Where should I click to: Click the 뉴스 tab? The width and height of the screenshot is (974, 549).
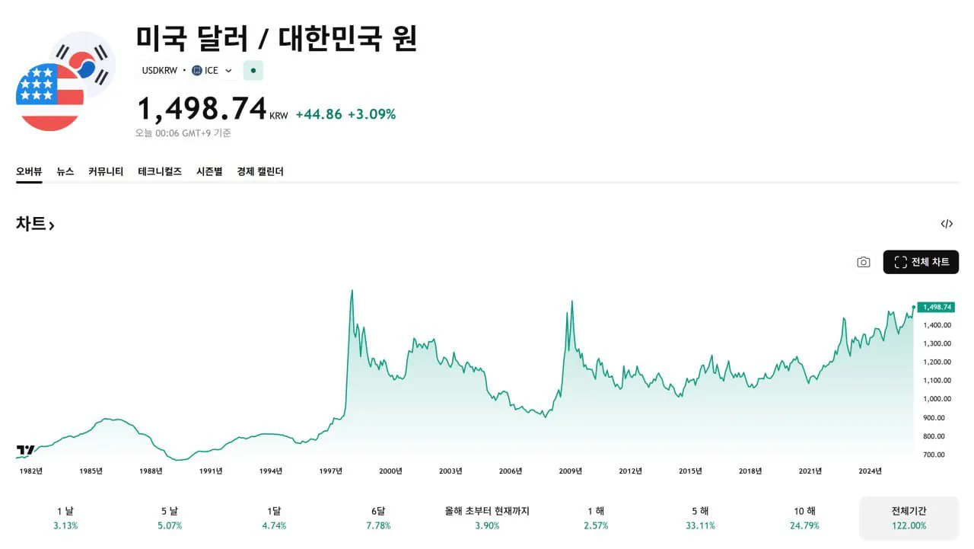(65, 171)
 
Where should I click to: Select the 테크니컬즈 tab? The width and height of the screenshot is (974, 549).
(160, 171)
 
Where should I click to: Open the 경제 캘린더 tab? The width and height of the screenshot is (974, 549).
(260, 171)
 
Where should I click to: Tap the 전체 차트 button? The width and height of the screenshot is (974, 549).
(921, 262)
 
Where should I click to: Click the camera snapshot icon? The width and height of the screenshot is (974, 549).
(863, 262)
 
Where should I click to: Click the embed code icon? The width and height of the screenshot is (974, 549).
(947, 224)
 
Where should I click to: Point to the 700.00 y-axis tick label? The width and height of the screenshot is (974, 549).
(934, 455)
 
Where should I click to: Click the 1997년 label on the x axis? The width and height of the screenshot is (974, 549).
(331, 471)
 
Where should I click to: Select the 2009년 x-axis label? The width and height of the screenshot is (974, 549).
(571, 471)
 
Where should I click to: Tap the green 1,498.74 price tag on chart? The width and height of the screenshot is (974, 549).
(936, 307)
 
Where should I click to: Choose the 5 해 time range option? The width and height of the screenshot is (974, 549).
(700, 518)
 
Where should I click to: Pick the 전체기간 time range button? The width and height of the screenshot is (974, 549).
(909, 518)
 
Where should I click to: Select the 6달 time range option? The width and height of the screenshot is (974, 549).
(378, 518)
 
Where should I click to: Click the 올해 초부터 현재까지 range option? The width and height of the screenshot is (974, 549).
(487, 518)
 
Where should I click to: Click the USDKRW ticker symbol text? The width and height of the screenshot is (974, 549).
(159, 71)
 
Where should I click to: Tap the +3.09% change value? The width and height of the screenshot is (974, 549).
(371, 114)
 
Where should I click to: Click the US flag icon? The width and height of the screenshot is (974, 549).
(49, 97)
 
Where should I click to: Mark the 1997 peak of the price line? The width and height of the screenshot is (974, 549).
(352, 290)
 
